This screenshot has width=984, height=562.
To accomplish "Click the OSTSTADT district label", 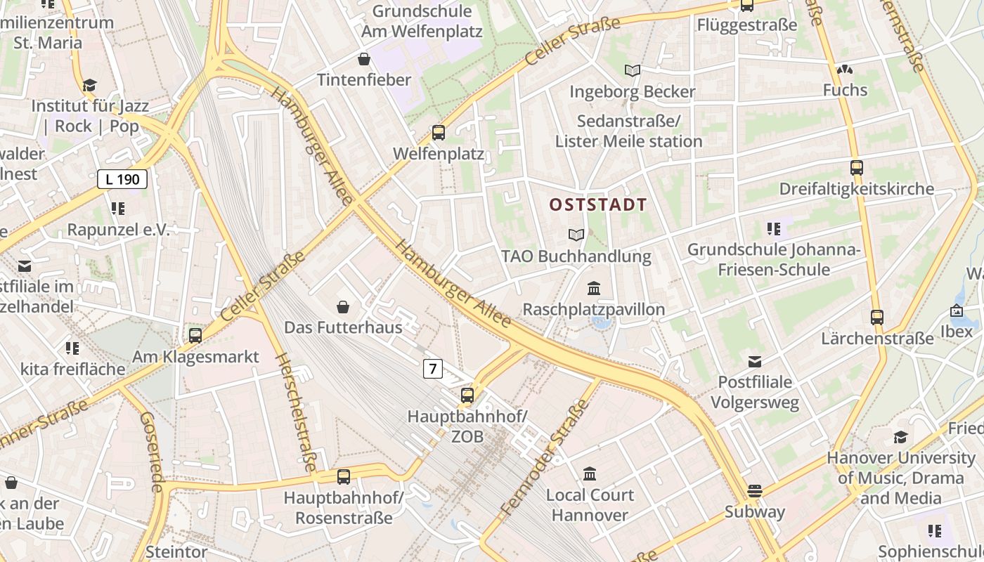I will (598, 205).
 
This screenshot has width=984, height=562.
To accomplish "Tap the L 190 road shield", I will (122, 179).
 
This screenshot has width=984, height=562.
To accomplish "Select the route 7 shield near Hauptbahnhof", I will (433, 368).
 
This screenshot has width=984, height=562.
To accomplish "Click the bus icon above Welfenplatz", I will (439, 132).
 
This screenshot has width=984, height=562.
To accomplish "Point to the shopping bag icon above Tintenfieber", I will (364, 59).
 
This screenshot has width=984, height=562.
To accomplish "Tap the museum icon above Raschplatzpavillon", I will (594, 289).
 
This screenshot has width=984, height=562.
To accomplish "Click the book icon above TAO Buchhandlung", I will (576, 235).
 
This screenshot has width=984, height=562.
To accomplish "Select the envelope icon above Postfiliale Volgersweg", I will (755, 362).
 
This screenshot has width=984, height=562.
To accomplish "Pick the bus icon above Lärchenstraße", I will (876, 318).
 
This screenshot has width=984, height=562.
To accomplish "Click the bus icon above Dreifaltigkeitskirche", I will (856, 168).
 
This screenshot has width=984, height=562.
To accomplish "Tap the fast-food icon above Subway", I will (755, 490).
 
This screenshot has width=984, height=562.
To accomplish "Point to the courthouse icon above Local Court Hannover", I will (590, 474).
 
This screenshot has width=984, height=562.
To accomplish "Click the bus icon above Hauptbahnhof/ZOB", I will (467, 396).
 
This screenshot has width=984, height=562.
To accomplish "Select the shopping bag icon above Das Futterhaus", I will (343, 307).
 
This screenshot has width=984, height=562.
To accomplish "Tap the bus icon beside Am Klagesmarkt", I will (195, 336).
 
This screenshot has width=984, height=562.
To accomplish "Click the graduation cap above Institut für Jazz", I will (89, 86).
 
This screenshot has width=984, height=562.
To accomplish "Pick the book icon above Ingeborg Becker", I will (633, 70).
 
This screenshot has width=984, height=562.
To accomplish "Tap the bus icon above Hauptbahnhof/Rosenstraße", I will (344, 477).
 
